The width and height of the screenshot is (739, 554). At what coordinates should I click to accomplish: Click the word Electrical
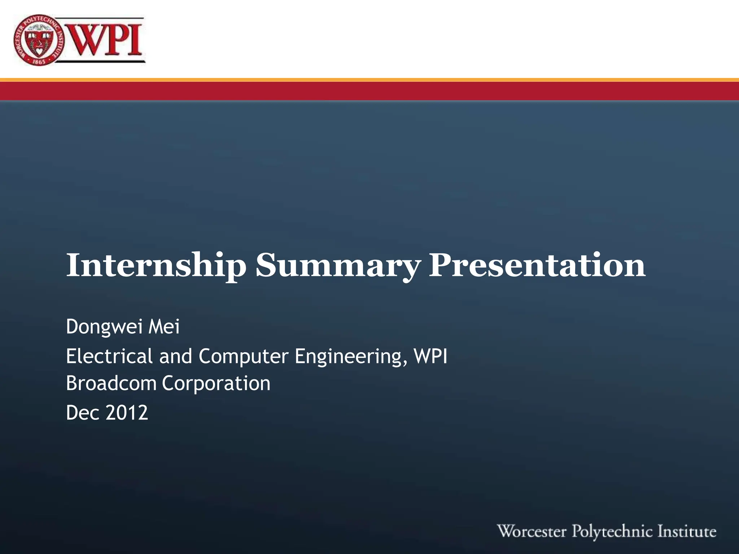point(109,356)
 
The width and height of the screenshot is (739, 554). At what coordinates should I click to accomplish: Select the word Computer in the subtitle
point(243,356)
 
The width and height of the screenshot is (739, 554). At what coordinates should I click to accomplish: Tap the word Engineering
point(348,357)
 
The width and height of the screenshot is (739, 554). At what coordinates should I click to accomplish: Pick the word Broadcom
point(111,383)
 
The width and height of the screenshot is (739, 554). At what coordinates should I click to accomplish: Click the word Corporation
point(216,383)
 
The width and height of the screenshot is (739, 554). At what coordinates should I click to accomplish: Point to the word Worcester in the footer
point(532,532)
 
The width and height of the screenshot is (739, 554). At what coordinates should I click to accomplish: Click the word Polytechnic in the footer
point(612,532)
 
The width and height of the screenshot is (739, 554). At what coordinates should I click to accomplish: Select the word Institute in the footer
point(687,532)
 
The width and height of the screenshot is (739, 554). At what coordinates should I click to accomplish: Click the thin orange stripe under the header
point(369,80)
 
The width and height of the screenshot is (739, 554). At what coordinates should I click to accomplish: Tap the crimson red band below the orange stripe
point(369,91)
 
